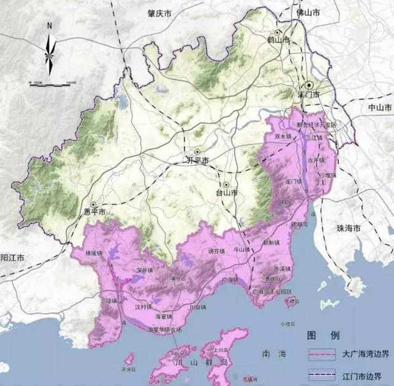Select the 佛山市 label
point(307,12)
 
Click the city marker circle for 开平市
point(197,152)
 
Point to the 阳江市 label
point(13,257)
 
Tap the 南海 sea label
point(273,354)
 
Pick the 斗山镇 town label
point(241,250)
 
